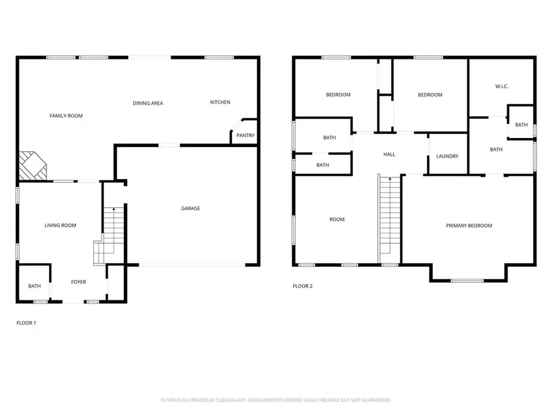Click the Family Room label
66,116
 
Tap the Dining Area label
148,103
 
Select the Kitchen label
220,102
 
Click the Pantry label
245,135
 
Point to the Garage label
191,209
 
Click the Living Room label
61,225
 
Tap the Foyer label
79,282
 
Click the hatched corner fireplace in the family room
33,166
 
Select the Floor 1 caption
26,323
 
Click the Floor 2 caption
303,286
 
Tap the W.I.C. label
502,86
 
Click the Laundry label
448,156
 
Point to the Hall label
389,154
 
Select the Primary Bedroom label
469,226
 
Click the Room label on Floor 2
337,220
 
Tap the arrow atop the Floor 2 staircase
390,179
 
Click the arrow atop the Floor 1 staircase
113,209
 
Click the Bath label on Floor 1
34,286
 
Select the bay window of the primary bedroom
467,280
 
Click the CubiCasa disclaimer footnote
275,400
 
